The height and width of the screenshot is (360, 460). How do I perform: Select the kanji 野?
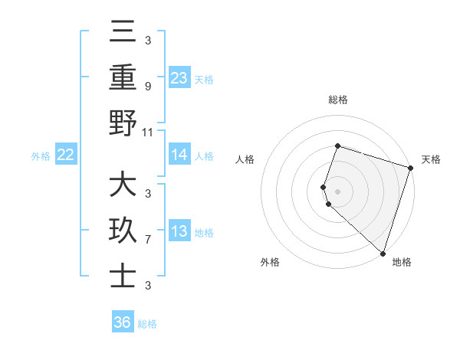coord(123,123)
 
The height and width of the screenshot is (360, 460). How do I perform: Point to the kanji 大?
coord(123,186)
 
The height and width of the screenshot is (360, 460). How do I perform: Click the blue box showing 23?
coord(179,78)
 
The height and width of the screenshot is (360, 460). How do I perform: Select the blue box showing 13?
coord(179,232)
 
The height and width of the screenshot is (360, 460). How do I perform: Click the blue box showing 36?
coord(123,322)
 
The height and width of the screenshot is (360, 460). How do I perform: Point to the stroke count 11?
coord(148,133)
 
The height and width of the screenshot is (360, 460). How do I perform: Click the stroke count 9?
coord(148,86)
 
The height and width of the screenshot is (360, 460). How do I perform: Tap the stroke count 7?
coord(148,240)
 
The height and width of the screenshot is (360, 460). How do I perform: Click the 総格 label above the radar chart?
coord(337,100)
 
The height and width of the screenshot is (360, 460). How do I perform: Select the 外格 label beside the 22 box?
coord(41,156)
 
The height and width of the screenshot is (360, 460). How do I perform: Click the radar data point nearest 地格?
coord(383,253)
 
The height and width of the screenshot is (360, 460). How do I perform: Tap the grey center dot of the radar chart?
coord(337,190)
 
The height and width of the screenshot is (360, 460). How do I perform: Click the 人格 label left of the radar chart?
coord(245,159)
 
